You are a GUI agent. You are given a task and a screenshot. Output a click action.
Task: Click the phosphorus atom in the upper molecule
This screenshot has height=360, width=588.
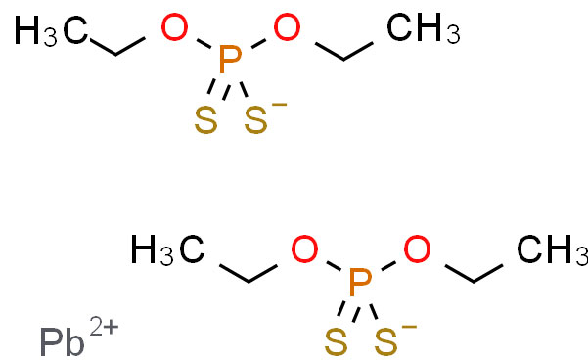coord(230,60)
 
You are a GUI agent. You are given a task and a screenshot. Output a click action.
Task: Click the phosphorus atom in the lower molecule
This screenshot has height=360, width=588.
coord(360,282)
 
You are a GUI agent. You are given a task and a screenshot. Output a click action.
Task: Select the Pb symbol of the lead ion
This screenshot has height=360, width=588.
coord(63,342)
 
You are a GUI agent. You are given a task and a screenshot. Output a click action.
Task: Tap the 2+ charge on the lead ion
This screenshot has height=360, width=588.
coord(105,326)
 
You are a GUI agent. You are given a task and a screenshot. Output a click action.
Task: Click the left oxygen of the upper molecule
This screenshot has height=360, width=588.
coord(174,27)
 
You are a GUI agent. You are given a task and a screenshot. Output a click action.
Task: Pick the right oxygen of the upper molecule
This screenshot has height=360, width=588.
coord(287,27)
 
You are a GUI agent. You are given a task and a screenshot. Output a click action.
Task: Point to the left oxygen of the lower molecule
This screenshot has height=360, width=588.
coord(304,249)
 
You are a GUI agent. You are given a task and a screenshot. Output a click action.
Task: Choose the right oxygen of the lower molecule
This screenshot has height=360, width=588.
coord(417,249)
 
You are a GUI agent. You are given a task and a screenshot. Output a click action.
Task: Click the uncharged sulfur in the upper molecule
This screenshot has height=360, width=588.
coord(205,120)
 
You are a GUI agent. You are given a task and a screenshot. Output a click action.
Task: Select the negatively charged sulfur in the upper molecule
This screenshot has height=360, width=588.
coord(256,120)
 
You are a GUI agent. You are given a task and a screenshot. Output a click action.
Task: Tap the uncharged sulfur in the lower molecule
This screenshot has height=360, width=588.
coord(336,342)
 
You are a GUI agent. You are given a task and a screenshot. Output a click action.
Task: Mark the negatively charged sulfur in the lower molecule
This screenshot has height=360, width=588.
coord(386,342)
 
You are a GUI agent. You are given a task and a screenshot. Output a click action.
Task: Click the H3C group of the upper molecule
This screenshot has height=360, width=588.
coord(52,30)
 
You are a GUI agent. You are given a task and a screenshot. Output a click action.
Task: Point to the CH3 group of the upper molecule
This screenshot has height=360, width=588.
coord(424,28)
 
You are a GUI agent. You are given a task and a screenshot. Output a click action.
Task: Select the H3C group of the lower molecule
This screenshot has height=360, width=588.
coord(167,250)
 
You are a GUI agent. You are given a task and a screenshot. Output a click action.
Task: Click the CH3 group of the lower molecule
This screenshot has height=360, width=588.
coord(553,250)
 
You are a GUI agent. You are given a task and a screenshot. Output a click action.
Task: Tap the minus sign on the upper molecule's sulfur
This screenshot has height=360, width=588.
coord(280,105)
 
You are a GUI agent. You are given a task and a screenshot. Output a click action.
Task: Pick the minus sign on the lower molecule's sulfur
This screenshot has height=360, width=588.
coord(410,327)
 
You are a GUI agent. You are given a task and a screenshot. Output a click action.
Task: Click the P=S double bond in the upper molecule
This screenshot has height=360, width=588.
coord(219,89)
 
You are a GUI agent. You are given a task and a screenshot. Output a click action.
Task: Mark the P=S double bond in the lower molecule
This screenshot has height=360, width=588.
coord(349,311)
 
